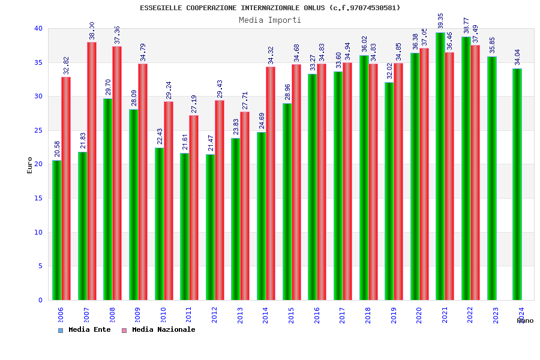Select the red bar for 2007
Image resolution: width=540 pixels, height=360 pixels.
pos(92,171)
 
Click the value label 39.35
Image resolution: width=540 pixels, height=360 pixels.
pos(441,21)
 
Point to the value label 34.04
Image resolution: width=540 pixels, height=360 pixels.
pos(518,58)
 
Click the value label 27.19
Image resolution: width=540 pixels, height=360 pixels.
pos(194,104)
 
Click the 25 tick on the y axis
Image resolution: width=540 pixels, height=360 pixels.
pos(38,130)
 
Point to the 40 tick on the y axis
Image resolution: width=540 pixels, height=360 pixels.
pos(38,28)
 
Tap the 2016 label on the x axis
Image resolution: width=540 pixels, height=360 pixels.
pos(317,316)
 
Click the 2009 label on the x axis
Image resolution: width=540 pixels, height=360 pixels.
pos(137,316)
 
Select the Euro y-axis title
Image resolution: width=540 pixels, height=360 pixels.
pos(30,165)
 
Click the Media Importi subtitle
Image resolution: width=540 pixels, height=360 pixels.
pos(270,20)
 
